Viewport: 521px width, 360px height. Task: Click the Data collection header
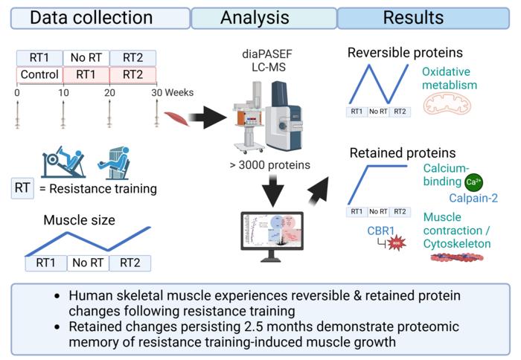(96, 17)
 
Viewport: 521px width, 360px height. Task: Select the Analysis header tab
(264, 17)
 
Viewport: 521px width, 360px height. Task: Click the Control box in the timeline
(39, 75)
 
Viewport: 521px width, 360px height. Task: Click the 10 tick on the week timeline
(63, 92)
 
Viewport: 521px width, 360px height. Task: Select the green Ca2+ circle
(473, 181)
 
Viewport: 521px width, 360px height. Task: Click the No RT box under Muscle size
(87, 263)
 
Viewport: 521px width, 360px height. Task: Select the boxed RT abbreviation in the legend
(22, 188)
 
